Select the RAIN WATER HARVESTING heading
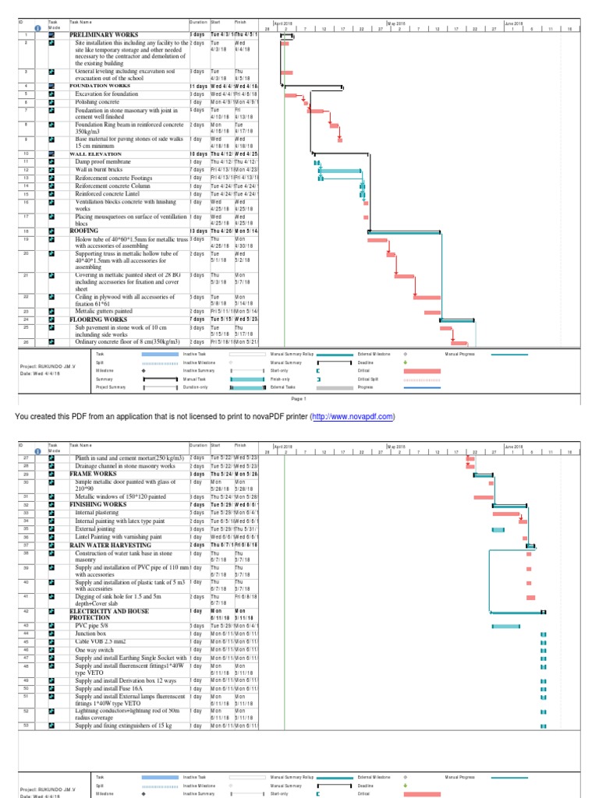tap(112, 544)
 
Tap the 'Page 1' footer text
tap(299, 398)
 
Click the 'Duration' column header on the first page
tap(198, 23)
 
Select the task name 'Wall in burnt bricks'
tap(99, 169)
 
